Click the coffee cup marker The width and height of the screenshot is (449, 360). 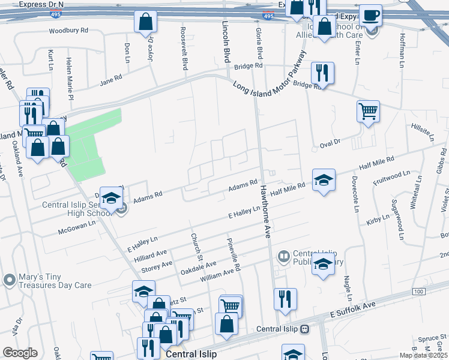tap(370, 15)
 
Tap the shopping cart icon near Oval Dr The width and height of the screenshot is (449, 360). tap(367, 110)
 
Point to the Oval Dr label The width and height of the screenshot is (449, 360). tap(330, 142)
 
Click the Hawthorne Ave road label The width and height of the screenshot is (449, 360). tap(265, 209)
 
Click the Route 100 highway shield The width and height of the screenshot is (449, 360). tap(418, 291)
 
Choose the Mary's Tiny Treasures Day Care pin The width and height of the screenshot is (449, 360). tap(9, 280)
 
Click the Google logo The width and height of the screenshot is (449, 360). tap(20, 353)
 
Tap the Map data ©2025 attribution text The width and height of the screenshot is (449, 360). tap(423, 356)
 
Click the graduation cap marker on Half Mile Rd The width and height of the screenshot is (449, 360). tap(323, 179)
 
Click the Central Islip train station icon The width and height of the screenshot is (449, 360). tap(305, 329)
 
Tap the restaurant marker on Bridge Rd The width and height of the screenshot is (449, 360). tap(322, 73)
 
